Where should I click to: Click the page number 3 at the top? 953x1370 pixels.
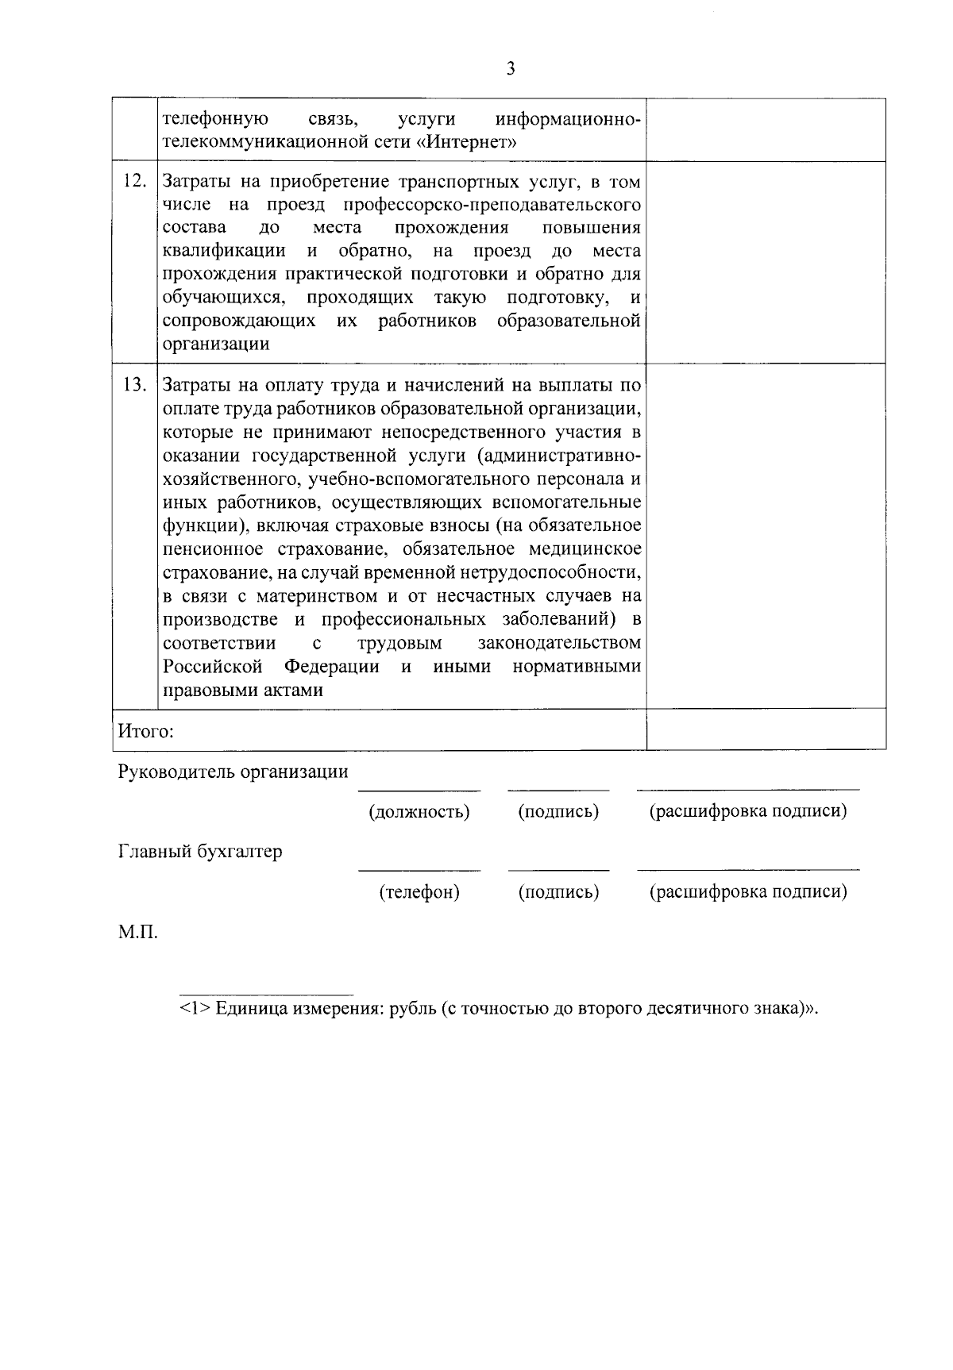511,69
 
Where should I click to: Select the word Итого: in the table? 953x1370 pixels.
145,730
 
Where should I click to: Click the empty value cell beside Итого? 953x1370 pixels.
766,729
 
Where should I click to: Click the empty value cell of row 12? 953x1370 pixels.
766,262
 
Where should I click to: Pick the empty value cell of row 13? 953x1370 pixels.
766,536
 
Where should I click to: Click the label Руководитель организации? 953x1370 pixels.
233,772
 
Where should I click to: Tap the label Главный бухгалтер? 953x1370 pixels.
200,852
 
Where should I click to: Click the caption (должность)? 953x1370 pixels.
419,811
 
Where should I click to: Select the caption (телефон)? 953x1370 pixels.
419,891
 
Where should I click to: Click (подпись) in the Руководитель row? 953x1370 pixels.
558,811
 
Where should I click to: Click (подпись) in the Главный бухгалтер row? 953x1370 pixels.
558,891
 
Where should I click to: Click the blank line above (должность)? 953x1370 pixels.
419,790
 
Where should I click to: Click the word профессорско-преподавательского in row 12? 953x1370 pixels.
492,206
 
